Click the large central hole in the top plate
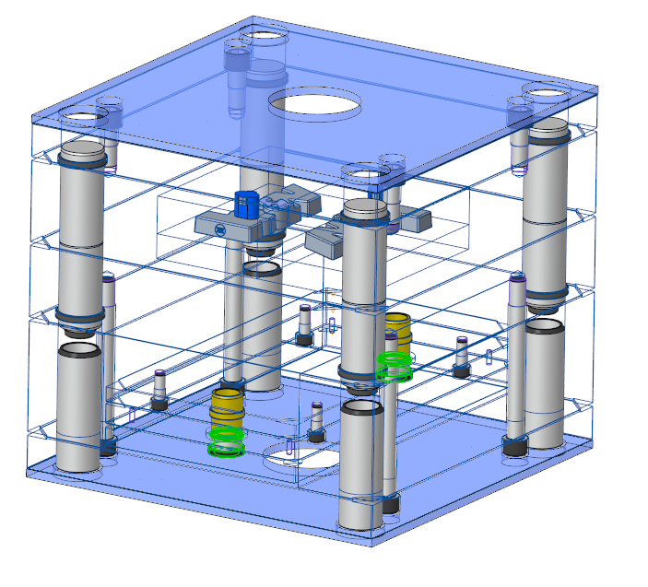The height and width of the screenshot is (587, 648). pos(314,103)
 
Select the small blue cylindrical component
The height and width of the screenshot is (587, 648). pos(246,204)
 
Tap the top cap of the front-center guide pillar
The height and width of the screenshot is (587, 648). pos(365,210)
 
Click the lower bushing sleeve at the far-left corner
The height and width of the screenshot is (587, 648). pos(79,405)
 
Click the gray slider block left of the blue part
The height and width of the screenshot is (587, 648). pos(221,222)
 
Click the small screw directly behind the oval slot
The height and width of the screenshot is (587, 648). pos(317,420)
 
